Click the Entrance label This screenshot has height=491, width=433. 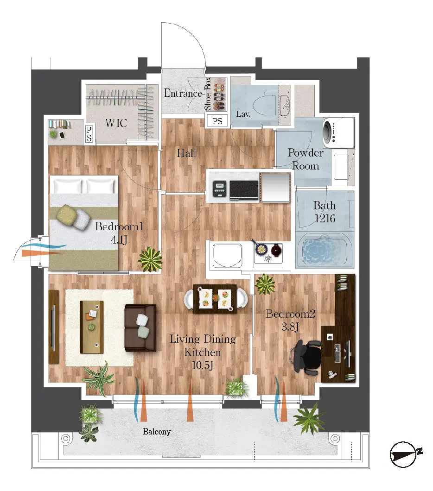tap(183, 94)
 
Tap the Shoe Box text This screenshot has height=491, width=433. tap(208, 94)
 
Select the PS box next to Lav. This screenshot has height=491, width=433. tap(217, 121)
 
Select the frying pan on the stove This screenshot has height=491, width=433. tap(261, 249)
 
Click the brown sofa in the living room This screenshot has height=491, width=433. tap(141, 327)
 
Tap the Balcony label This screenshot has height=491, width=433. tap(157, 432)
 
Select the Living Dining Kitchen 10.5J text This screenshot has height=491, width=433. tap(203, 352)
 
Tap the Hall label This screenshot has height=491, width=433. tap(186, 153)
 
